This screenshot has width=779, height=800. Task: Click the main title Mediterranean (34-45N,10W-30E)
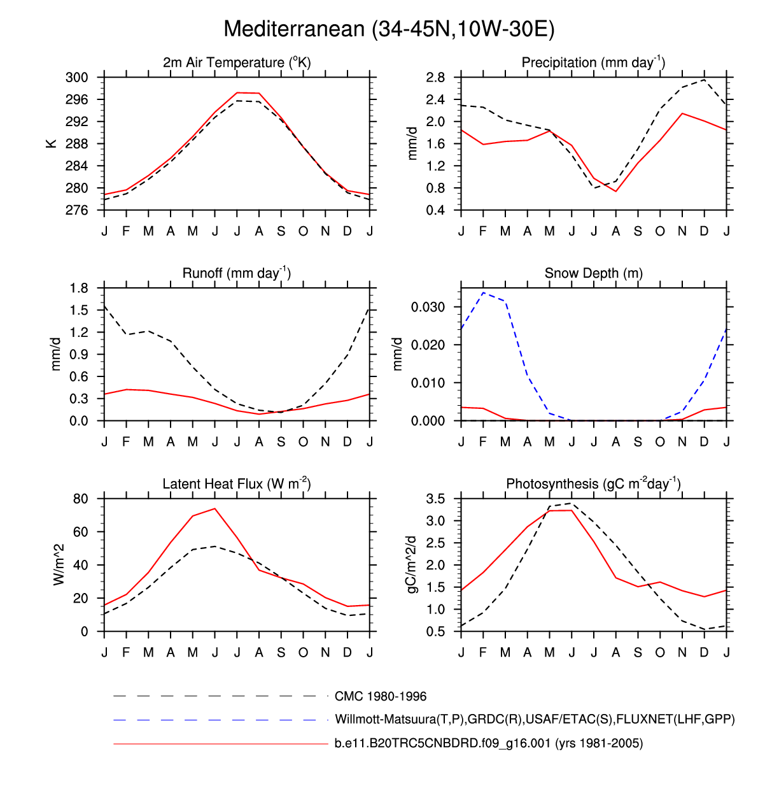[x=389, y=29]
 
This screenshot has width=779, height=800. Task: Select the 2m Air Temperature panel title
[x=237, y=62]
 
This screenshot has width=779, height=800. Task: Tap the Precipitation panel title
[x=593, y=62]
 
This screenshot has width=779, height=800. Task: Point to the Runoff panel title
[x=237, y=273]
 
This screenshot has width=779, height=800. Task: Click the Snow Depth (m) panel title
[x=593, y=273]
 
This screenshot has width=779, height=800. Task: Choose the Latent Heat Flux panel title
[x=237, y=484]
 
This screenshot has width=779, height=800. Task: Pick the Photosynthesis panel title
[x=593, y=484]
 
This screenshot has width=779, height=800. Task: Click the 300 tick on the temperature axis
[x=77, y=78]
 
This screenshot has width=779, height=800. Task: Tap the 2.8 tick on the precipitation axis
[x=435, y=78]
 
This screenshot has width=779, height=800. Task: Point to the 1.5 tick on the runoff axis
[x=80, y=310]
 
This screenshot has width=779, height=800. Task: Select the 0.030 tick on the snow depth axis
[x=428, y=307]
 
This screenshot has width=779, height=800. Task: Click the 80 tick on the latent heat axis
[x=81, y=499]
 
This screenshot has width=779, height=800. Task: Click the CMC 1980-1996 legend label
[x=381, y=697]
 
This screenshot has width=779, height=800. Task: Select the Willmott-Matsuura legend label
[x=535, y=720]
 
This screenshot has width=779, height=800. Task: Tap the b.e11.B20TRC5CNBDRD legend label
[x=489, y=743]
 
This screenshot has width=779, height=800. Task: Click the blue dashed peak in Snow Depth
[x=484, y=293]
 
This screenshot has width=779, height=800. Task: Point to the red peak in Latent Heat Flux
[x=215, y=508]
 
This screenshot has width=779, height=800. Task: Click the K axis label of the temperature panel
[x=52, y=144]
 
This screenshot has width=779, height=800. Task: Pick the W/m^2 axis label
[x=59, y=565]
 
